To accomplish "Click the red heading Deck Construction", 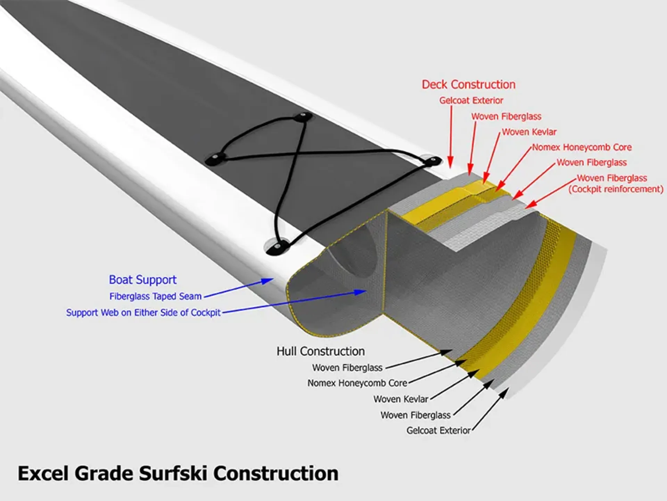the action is coord(469,85).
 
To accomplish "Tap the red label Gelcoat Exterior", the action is coord(471,101).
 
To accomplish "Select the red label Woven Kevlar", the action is coord(529,132).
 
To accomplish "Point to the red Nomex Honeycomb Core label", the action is coord(582,147).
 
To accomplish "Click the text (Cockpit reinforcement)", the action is coord(616,189).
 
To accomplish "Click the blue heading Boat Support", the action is coord(142,280).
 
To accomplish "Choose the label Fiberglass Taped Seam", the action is coord(155,296).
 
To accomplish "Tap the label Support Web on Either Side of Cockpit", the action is coord(143,312).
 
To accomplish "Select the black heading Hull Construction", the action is coord(321,351).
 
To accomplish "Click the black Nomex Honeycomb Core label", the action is coord(357,383).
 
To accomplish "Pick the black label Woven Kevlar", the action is coord(401,399).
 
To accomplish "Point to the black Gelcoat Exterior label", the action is coord(438,430).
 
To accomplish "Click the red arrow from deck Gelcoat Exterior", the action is coord(451,136).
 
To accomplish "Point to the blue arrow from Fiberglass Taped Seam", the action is coord(239,288).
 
